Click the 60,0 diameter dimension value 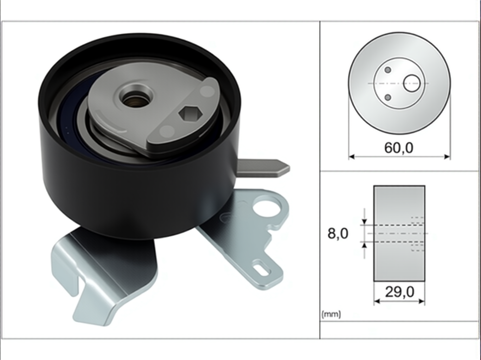[399, 148]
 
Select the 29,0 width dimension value [399, 292]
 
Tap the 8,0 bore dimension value [338, 233]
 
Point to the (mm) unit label [331, 314]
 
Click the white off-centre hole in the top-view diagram [412, 83]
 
